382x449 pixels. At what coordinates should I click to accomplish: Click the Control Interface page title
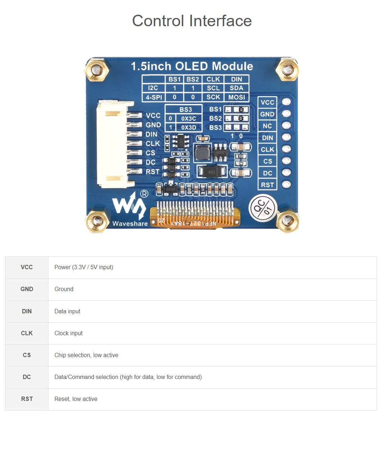click(x=192, y=21)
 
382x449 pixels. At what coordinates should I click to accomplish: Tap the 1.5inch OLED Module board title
click(x=192, y=66)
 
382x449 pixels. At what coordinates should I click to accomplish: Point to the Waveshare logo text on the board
click(x=130, y=224)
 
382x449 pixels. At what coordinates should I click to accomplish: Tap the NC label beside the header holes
click(x=267, y=126)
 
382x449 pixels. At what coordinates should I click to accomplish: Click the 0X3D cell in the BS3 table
click(x=189, y=127)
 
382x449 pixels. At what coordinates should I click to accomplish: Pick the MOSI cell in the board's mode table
click(x=236, y=97)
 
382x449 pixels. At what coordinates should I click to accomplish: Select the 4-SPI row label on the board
click(x=154, y=97)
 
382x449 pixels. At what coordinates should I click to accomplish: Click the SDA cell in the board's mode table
click(x=236, y=88)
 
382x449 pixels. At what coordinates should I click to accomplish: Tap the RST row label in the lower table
click(x=27, y=399)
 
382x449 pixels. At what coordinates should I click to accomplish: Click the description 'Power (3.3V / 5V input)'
click(x=84, y=267)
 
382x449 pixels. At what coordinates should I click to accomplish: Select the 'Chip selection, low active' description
click(x=86, y=355)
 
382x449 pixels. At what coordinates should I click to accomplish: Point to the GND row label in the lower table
click(x=27, y=289)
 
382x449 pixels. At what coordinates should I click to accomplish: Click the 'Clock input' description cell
click(x=68, y=333)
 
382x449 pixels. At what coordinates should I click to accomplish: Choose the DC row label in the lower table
click(x=27, y=377)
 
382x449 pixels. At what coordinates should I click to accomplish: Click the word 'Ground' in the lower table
click(x=64, y=289)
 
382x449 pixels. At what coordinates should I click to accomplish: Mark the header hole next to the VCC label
click(x=286, y=102)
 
